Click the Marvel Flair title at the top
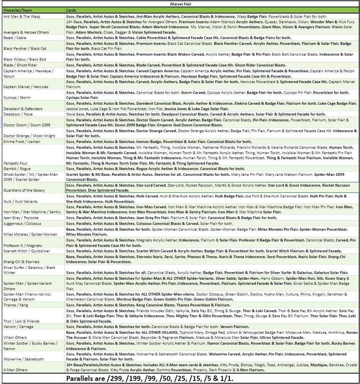(x=181, y=4)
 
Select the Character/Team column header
(x=17, y=10)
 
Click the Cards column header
(x=71, y=10)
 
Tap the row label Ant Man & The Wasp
(x=22, y=17)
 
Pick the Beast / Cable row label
(x=15, y=38)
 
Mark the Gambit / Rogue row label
(x=17, y=169)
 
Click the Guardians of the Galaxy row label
(x=24, y=190)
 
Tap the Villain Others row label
(x=15, y=337)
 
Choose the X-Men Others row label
(x=16, y=370)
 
